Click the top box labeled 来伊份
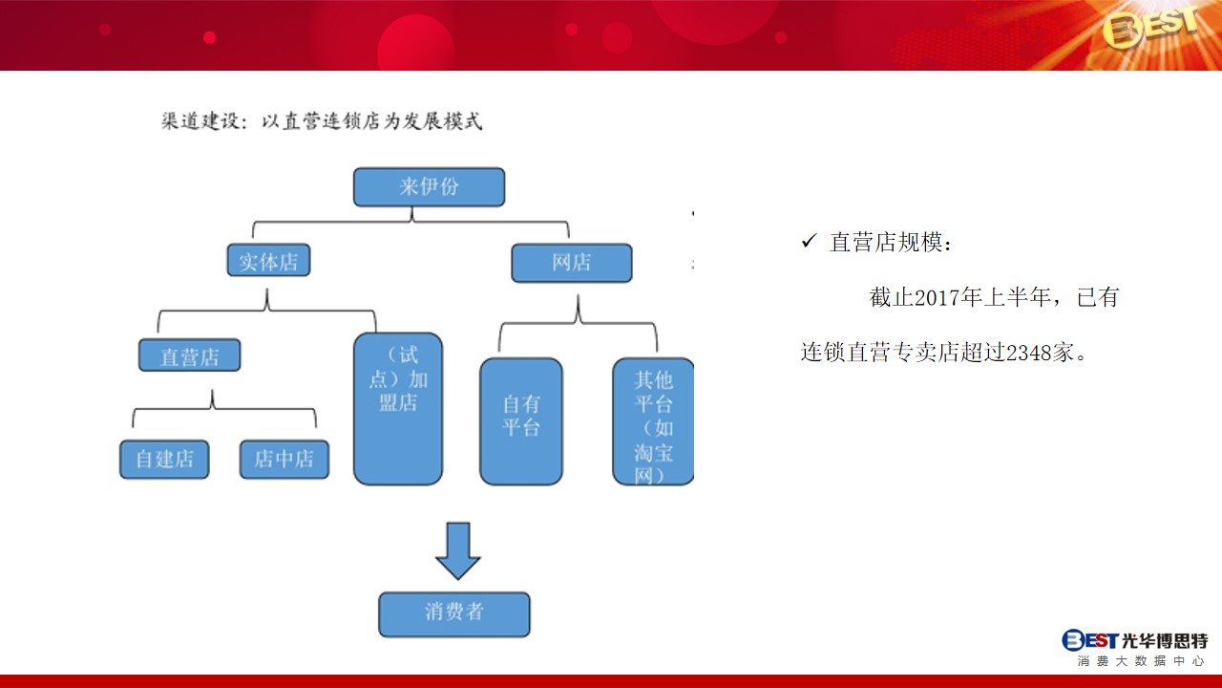[x=429, y=187]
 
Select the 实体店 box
[x=268, y=261]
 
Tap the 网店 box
[x=572, y=263]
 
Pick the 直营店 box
[x=189, y=355]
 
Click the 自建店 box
[x=164, y=460]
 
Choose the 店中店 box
[x=284, y=460]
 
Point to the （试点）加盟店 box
[x=398, y=409]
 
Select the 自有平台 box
[x=521, y=421]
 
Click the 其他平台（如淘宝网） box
[x=653, y=421]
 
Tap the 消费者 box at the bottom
[x=453, y=614]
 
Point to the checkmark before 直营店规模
[x=809, y=241]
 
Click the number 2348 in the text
[x=1028, y=353]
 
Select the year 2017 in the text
[x=937, y=298]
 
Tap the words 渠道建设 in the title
[x=200, y=121]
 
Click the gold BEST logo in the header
[x=1151, y=28]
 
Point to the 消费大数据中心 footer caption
[x=1141, y=661]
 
